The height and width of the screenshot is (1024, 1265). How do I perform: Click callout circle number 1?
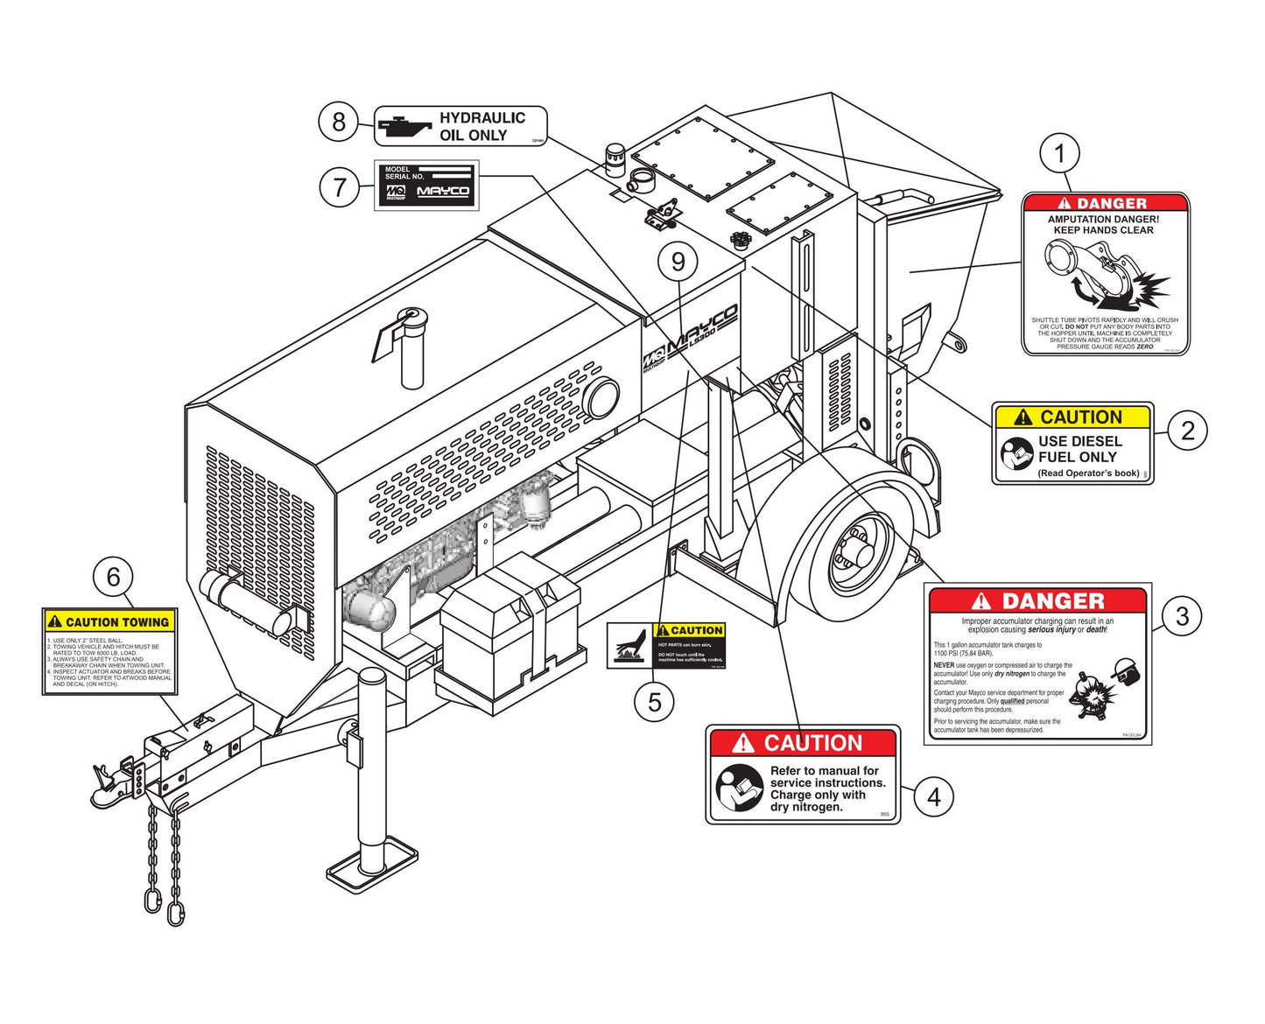1060,154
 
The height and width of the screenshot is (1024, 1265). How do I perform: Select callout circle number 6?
113,577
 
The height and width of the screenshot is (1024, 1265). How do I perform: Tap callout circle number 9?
678,261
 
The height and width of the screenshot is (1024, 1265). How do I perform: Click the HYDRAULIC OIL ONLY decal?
460,126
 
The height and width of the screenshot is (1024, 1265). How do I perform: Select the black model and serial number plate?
427,185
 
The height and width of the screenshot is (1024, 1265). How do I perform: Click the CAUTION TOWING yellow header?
110,621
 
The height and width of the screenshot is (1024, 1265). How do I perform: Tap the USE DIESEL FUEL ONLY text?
1079,449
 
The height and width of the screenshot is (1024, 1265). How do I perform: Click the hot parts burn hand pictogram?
630,647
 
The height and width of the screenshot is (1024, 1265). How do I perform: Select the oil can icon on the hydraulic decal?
404,126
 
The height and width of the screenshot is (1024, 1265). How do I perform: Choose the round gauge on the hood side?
602,398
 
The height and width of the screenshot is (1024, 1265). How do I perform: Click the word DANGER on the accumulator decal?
1052,601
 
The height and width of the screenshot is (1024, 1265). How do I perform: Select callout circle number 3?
1182,615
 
